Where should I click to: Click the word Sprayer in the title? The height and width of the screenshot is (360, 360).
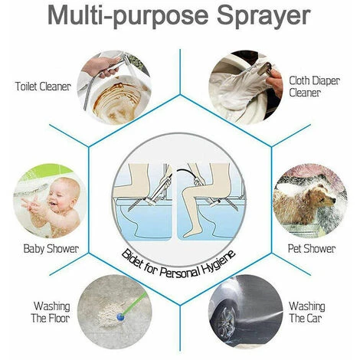click(x=263, y=17)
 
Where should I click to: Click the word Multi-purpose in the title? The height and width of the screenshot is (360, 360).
click(x=128, y=17)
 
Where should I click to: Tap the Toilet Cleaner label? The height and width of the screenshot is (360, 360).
click(x=43, y=87)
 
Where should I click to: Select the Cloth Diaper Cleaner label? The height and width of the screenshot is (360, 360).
click(x=314, y=87)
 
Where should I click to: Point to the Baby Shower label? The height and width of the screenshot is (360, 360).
click(x=51, y=249)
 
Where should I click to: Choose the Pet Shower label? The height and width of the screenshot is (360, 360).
click(x=312, y=249)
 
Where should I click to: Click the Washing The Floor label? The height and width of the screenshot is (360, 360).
click(x=51, y=312)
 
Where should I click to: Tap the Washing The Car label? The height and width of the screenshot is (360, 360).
click(x=306, y=312)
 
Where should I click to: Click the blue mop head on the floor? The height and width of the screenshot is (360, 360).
click(x=119, y=317)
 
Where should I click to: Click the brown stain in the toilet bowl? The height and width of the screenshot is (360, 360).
click(x=117, y=102)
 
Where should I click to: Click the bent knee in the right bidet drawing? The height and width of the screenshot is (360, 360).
click(x=190, y=195)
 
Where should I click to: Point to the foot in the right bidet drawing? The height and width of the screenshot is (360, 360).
click(x=190, y=234)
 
